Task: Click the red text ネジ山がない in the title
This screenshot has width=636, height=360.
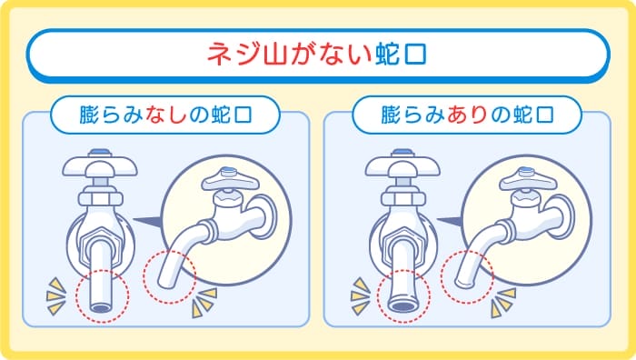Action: pos(289,54)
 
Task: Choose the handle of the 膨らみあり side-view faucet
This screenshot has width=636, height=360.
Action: pos(525,177)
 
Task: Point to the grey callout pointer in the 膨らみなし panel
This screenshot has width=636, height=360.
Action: pos(145,219)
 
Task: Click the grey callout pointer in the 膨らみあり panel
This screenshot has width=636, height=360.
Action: pos(448,219)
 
